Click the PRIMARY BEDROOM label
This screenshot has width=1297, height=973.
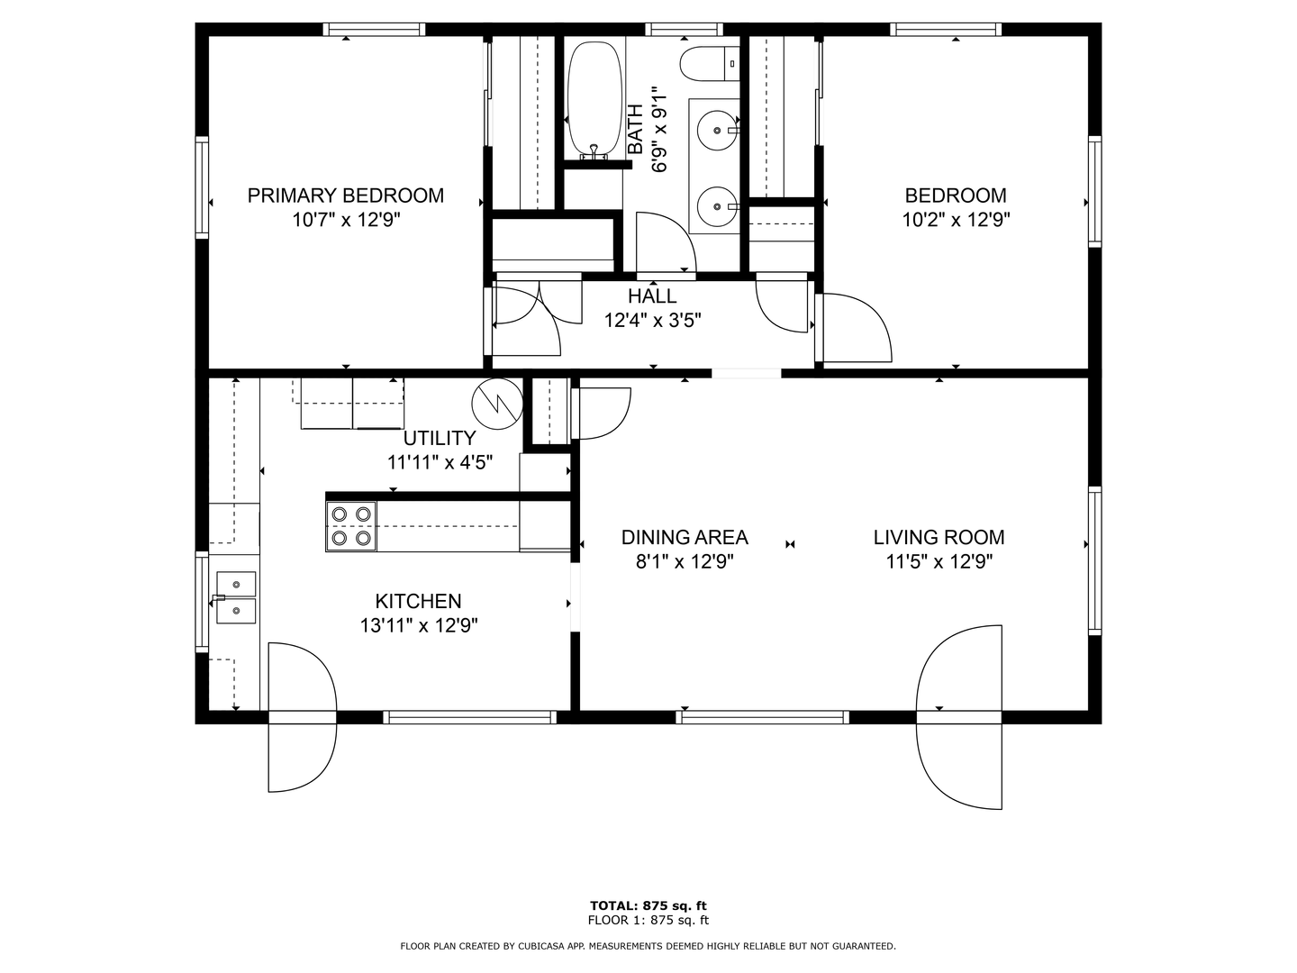345,196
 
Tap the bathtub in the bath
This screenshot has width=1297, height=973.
594,97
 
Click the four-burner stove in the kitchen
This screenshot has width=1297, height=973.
351,526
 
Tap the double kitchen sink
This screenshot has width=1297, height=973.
236,597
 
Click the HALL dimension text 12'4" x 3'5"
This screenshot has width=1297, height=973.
652,319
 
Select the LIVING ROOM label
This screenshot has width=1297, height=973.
939,538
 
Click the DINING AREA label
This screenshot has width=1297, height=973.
685,538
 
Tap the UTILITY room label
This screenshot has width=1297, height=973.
440,439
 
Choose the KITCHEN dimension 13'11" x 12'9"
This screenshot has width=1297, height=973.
419,625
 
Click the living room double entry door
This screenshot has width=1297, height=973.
959,717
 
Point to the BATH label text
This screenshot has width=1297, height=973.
636,129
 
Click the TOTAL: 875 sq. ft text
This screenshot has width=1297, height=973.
648,905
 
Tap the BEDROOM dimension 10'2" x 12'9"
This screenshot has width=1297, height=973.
956,219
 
